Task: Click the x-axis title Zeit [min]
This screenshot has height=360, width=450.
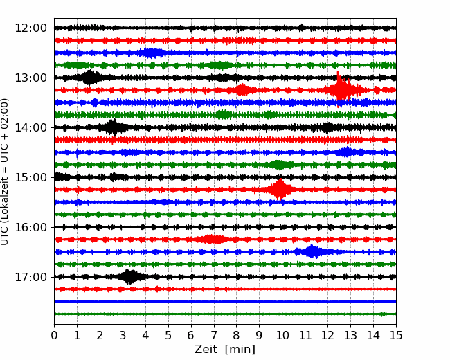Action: (224, 350)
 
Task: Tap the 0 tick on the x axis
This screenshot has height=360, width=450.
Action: (54, 336)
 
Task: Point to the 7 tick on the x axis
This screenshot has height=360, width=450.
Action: (213, 336)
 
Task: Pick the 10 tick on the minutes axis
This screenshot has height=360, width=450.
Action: (282, 336)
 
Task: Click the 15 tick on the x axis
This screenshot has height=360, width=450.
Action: (395, 336)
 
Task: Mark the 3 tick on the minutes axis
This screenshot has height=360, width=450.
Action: (123, 336)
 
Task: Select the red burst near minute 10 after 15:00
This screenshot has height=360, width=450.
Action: (280, 189)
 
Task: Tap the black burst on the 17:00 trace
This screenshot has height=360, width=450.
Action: (129, 277)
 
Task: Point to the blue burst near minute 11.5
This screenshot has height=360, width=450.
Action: (313, 252)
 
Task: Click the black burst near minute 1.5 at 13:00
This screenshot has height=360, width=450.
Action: (89, 78)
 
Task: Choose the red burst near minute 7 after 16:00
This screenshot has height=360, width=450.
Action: (213, 240)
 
